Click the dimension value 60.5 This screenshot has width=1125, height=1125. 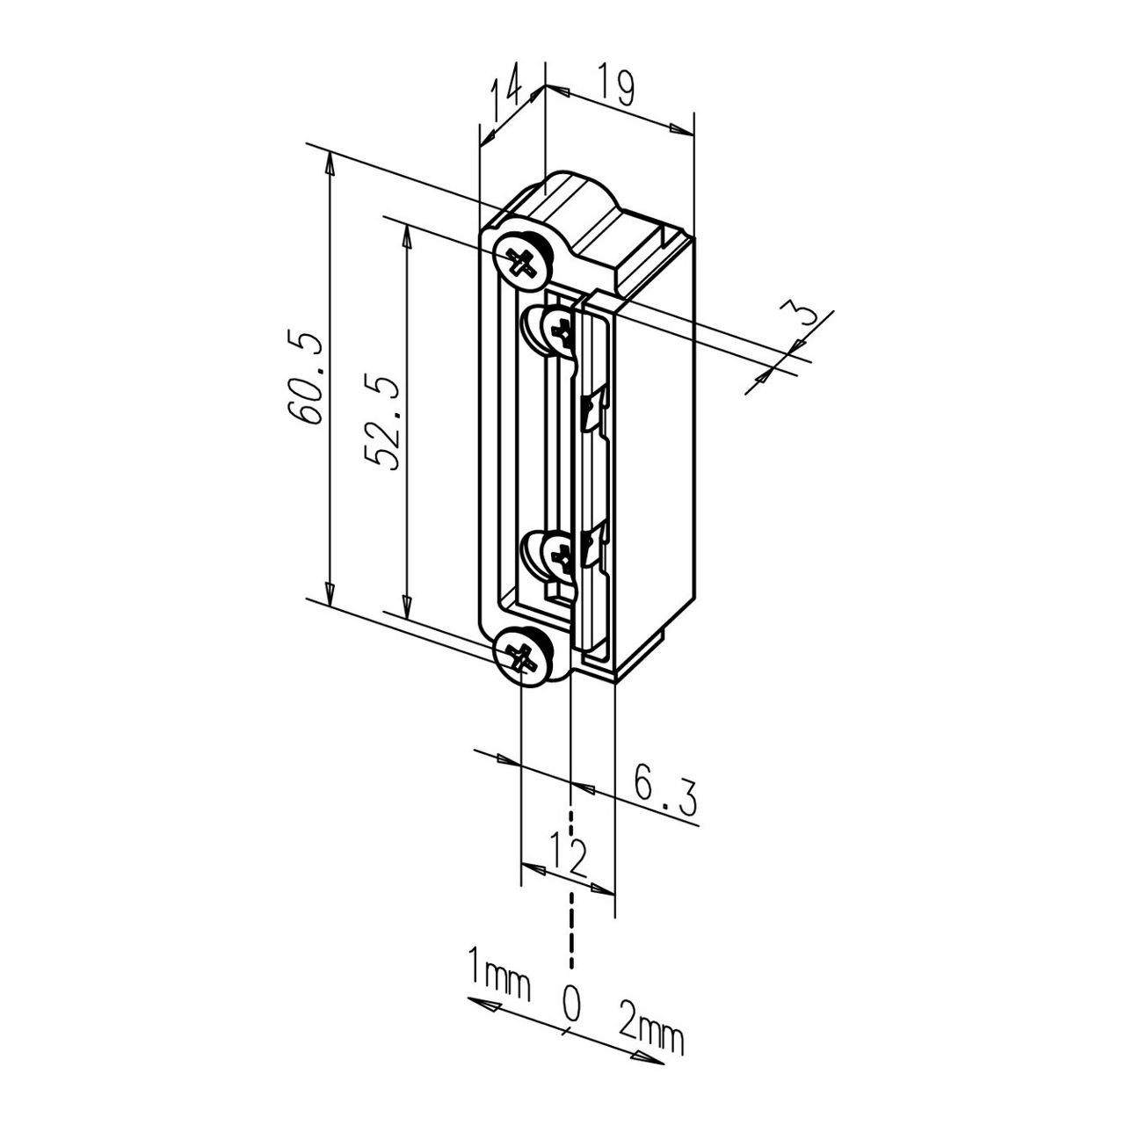(304, 378)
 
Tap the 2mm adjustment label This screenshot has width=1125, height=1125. (650, 1034)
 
